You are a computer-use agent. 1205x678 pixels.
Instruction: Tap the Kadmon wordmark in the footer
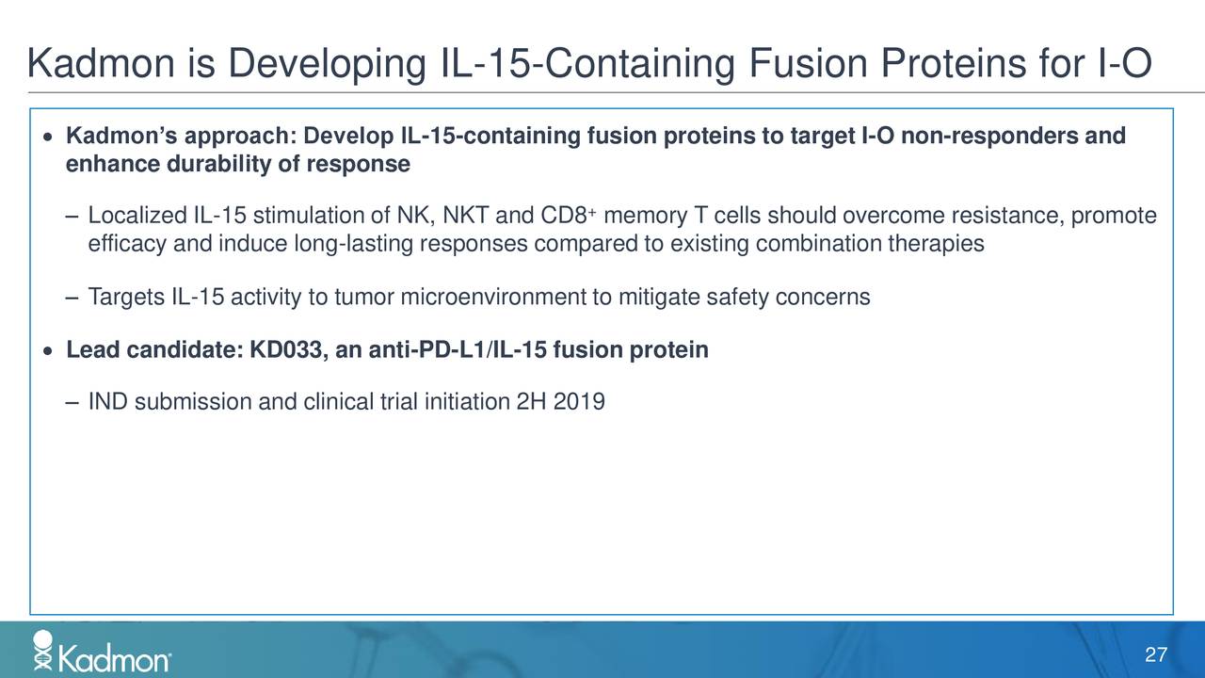114,658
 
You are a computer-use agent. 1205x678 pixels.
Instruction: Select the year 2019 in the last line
580,403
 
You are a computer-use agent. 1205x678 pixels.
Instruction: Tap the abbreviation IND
106,403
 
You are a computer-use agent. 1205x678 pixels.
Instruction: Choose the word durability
206,165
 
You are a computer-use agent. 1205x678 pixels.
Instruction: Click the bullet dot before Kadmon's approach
47,138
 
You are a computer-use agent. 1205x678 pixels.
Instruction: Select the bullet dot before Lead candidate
47,351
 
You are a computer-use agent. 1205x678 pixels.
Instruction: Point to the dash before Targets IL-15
72,298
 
